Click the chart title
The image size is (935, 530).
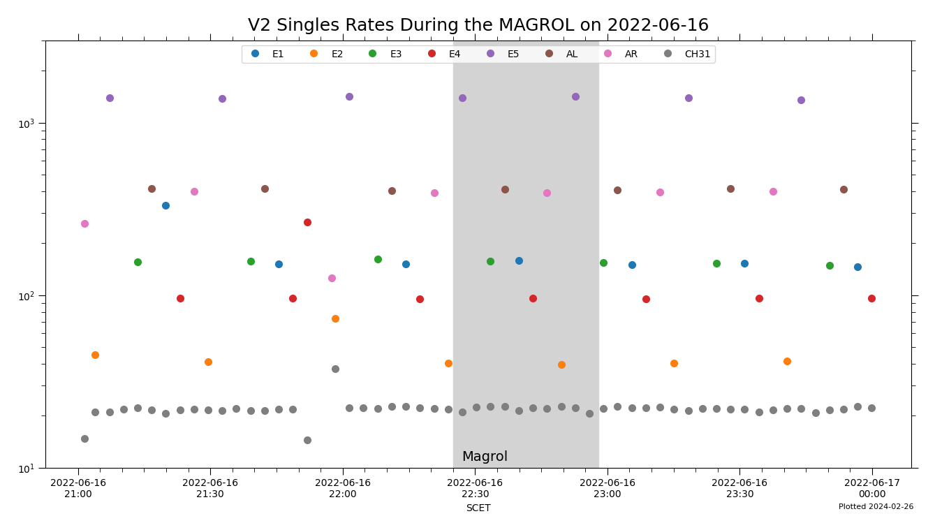tap(478, 26)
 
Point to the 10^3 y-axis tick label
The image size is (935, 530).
tap(28, 124)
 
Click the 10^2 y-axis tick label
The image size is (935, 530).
tap(28, 296)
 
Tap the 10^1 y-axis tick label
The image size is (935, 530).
tap(28, 469)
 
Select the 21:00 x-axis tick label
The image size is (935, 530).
tap(78, 488)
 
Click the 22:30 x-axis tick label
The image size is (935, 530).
tap(475, 488)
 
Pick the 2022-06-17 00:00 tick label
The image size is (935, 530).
tap(872, 488)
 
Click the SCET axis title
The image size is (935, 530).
tap(478, 508)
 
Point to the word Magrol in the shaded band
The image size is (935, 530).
tap(485, 457)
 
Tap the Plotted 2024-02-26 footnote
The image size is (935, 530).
tap(876, 507)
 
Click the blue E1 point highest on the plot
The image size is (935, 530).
tap(165, 205)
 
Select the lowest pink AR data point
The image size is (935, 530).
tap(332, 278)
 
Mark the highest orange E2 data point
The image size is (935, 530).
tap(335, 318)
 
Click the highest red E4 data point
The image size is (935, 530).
tap(307, 222)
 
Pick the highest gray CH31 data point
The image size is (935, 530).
tap(335, 369)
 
